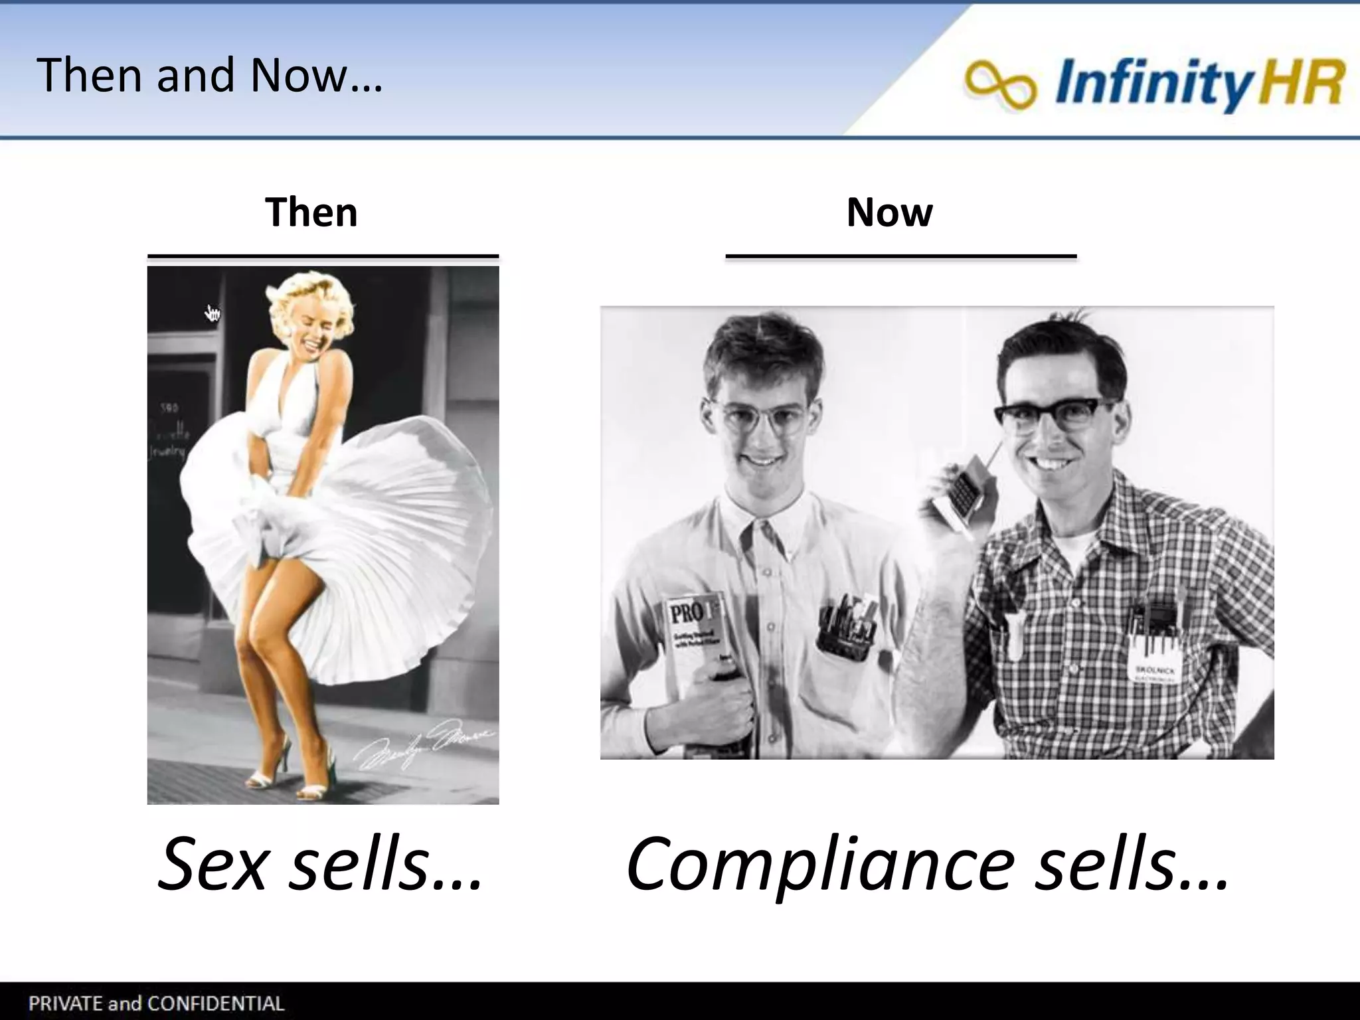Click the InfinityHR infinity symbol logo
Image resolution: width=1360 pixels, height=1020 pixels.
click(1000, 84)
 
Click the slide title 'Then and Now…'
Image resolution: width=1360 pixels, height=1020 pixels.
click(209, 75)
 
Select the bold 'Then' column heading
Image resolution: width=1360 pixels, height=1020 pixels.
click(311, 212)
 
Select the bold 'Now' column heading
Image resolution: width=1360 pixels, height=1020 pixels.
click(889, 212)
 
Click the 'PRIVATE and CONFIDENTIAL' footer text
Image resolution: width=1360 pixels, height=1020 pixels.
click(156, 1003)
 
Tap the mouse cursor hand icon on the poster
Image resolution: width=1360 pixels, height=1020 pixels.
click(212, 313)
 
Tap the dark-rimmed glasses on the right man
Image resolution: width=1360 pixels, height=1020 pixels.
click(1056, 415)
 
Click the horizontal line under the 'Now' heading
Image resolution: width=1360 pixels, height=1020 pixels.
click(900, 256)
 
